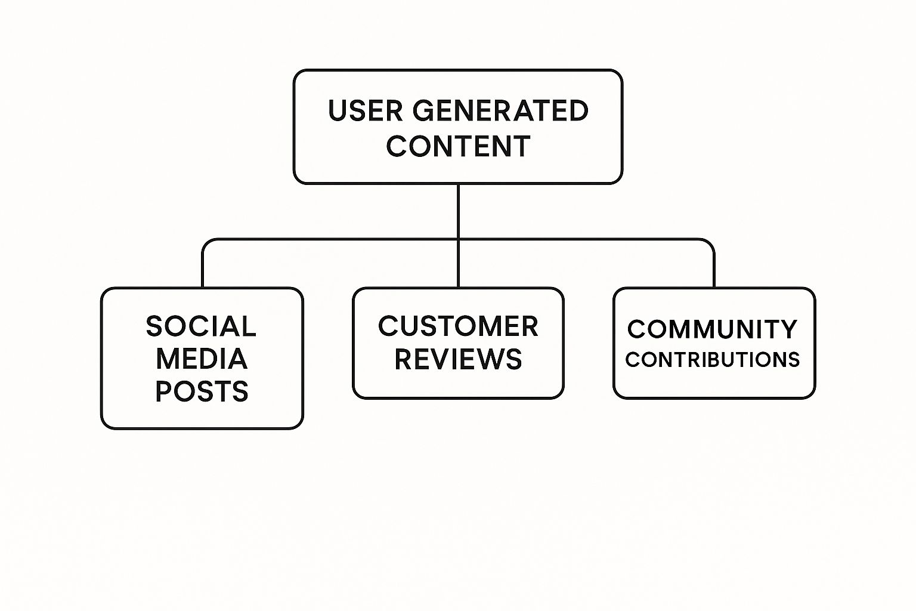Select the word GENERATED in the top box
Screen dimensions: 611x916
coord(500,111)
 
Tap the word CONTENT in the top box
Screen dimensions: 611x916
coord(458,146)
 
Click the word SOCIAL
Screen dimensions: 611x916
coord(201,326)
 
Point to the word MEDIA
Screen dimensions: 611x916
coord(202,359)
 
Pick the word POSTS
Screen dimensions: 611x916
coord(202,391)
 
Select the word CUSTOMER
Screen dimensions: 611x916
coord(458,326)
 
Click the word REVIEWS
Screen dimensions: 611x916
coord(458,359)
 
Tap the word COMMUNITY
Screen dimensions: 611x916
coord(712,329)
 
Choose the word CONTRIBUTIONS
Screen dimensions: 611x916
coord(713,360)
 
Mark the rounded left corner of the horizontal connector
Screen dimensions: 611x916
coord(206,243)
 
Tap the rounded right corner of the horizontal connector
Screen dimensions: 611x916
coord(710,243)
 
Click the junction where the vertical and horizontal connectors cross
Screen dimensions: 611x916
coord(458,240)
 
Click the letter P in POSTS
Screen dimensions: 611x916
coord(164,391)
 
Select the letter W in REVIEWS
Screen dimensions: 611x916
coord(481,359)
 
